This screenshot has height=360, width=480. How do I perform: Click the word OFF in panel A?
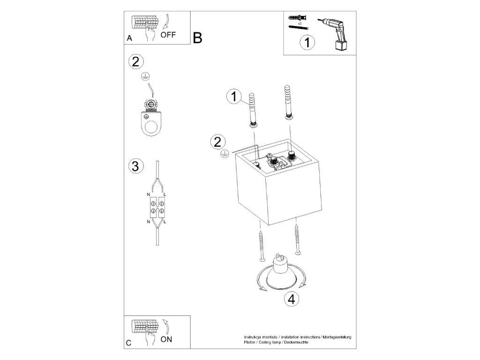point(168,35)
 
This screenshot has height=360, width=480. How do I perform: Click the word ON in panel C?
point(166,340)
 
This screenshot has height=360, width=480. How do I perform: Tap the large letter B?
point(197,37)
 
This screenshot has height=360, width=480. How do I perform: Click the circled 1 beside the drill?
point(307,43)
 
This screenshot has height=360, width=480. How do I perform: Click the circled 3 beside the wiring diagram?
point(135,166)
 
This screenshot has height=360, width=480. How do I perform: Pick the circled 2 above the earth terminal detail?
point(135,61)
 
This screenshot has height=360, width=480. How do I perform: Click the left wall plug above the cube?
point(254,110)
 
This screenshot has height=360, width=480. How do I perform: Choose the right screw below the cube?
point(297,240)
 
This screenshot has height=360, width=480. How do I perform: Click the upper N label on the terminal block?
point(149,194)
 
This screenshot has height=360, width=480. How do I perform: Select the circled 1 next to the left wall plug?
point(233,97)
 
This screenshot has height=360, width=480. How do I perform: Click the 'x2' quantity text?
point(299,22)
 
